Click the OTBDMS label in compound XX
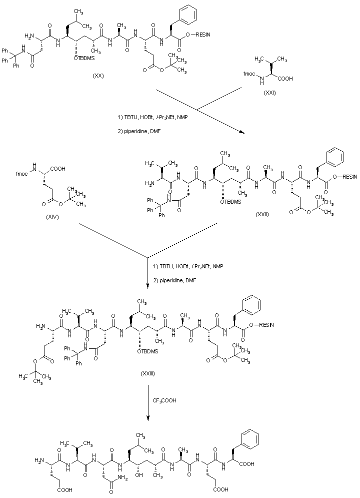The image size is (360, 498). (x=86, y=58)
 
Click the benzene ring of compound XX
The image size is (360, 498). (x=187, y=11)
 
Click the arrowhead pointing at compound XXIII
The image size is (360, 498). (x=148, y=287)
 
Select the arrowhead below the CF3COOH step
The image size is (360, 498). (x=148, y=419)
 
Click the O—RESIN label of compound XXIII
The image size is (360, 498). (x=264, y=326)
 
